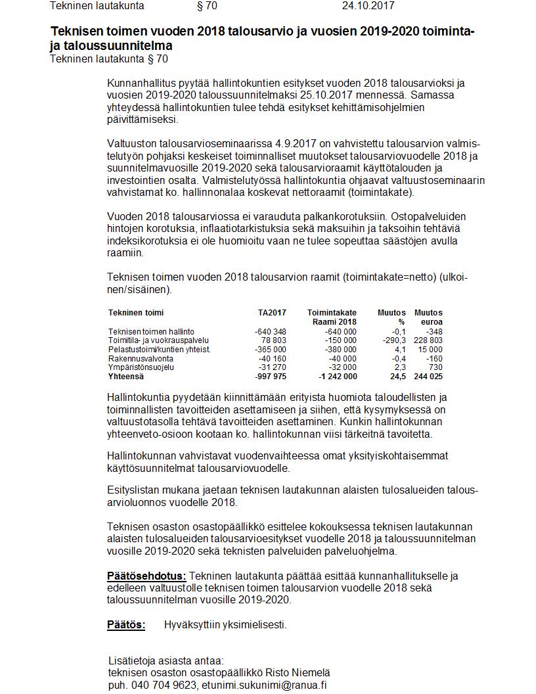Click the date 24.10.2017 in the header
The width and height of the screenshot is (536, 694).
(x=368, y=6)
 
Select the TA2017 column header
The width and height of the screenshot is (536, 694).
(x=272, y=313)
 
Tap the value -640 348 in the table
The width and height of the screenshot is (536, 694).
(x=270, y=332)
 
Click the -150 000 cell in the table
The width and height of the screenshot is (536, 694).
(x=340, y=340)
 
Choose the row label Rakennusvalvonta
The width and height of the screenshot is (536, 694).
(x=141, y=359)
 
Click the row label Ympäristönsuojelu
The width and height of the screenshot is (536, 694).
(x=141, y=367)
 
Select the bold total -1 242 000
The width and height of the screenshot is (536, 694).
(x=338, y=377)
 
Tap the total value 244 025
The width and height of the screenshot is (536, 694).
(x=428, y=377)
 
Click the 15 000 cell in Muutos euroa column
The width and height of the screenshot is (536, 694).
(x=430, y=350)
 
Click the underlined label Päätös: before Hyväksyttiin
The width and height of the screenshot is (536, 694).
(x=126, y=625)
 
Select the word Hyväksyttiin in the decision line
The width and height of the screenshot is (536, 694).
(x=194, y=625)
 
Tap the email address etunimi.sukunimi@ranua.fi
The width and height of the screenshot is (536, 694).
(x=264, y=685)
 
